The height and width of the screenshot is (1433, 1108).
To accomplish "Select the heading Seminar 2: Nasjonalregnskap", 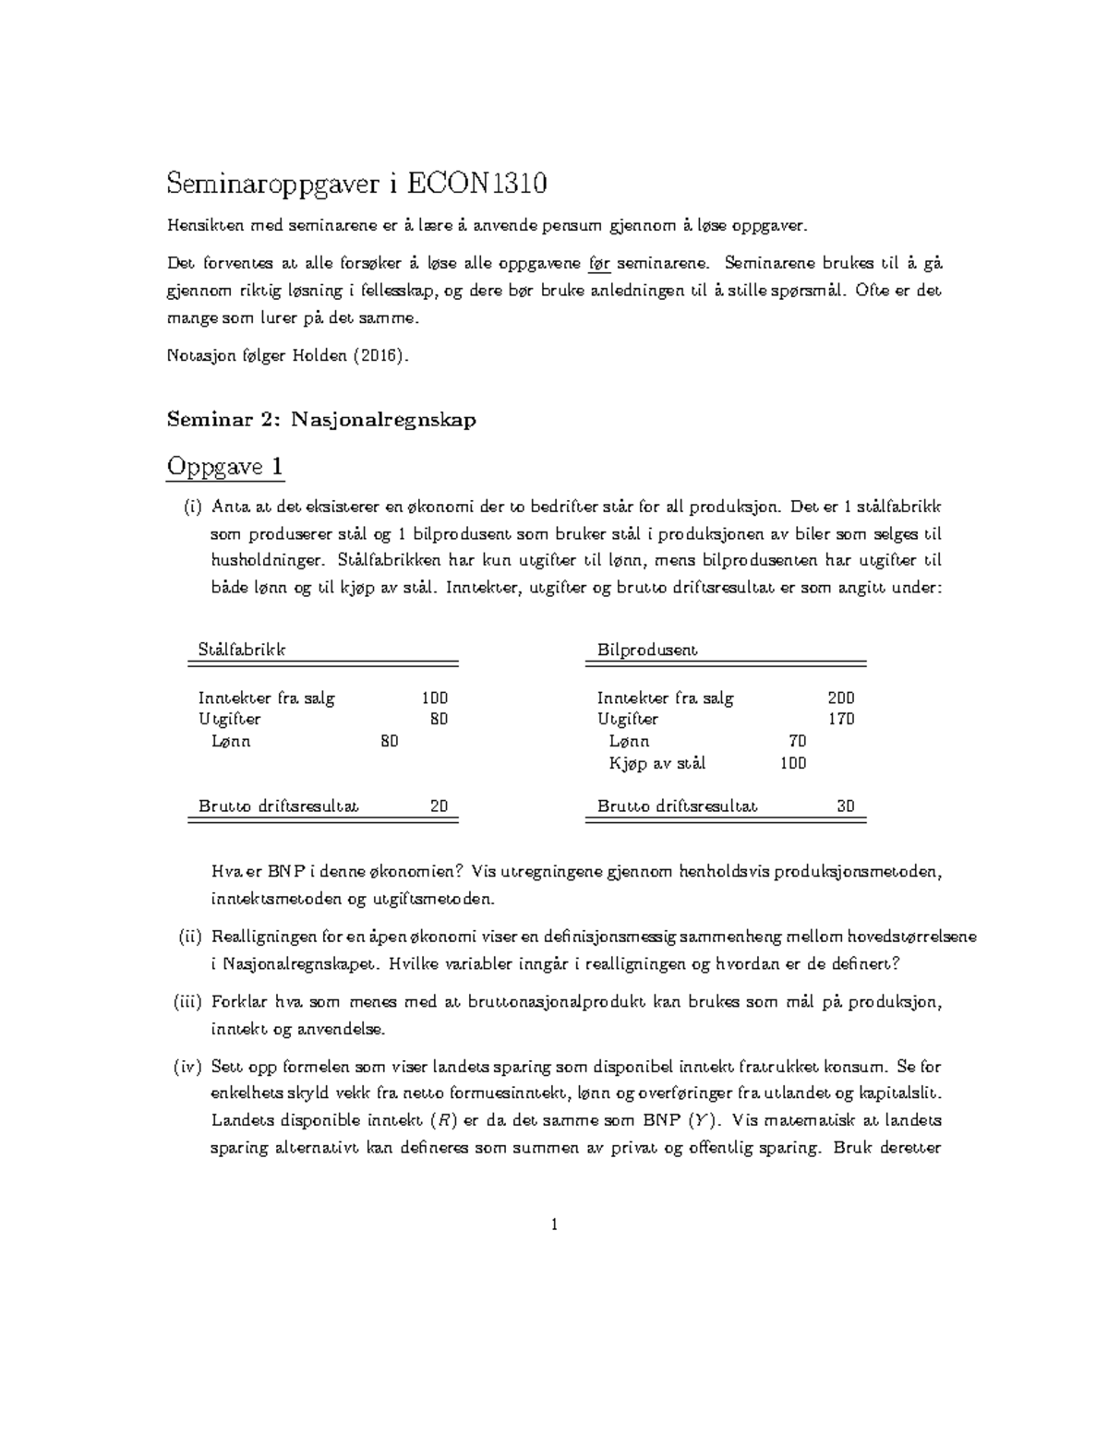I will pyautogui.click(x=321, y=420).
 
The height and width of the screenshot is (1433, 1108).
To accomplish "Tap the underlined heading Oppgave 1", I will pyautogui.click(x=224, y=467).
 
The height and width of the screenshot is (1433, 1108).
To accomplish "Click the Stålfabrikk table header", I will pyautogui.click(x=242, y=650).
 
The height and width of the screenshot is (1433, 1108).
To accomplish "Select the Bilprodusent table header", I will pyautogui.click(x=646, y=650).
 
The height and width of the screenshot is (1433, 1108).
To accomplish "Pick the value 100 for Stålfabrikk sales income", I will pyautogui.click(x=434, y=699).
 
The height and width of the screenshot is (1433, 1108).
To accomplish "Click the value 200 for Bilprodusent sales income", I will pyautogui.click(x=840, y=699).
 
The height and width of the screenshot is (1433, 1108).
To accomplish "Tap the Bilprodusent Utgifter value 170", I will pyautogui.click(x=840, y=720).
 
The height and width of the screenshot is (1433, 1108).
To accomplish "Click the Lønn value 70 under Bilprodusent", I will pyautogui.click(x=797, y=741).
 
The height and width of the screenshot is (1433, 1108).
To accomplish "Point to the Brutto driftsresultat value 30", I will pyautogui.click(x=845, y=806).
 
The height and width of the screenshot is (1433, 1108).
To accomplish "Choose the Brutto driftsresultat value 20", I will pyautogui.click(x=439, y=806).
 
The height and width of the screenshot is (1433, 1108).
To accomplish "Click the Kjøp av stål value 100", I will pyautogui.click(x=792, y=763).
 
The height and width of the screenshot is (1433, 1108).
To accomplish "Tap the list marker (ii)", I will pyautogui.click(x=189, y=937).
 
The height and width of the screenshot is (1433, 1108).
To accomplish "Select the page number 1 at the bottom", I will pyautogui.click(x=554, y=1224).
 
